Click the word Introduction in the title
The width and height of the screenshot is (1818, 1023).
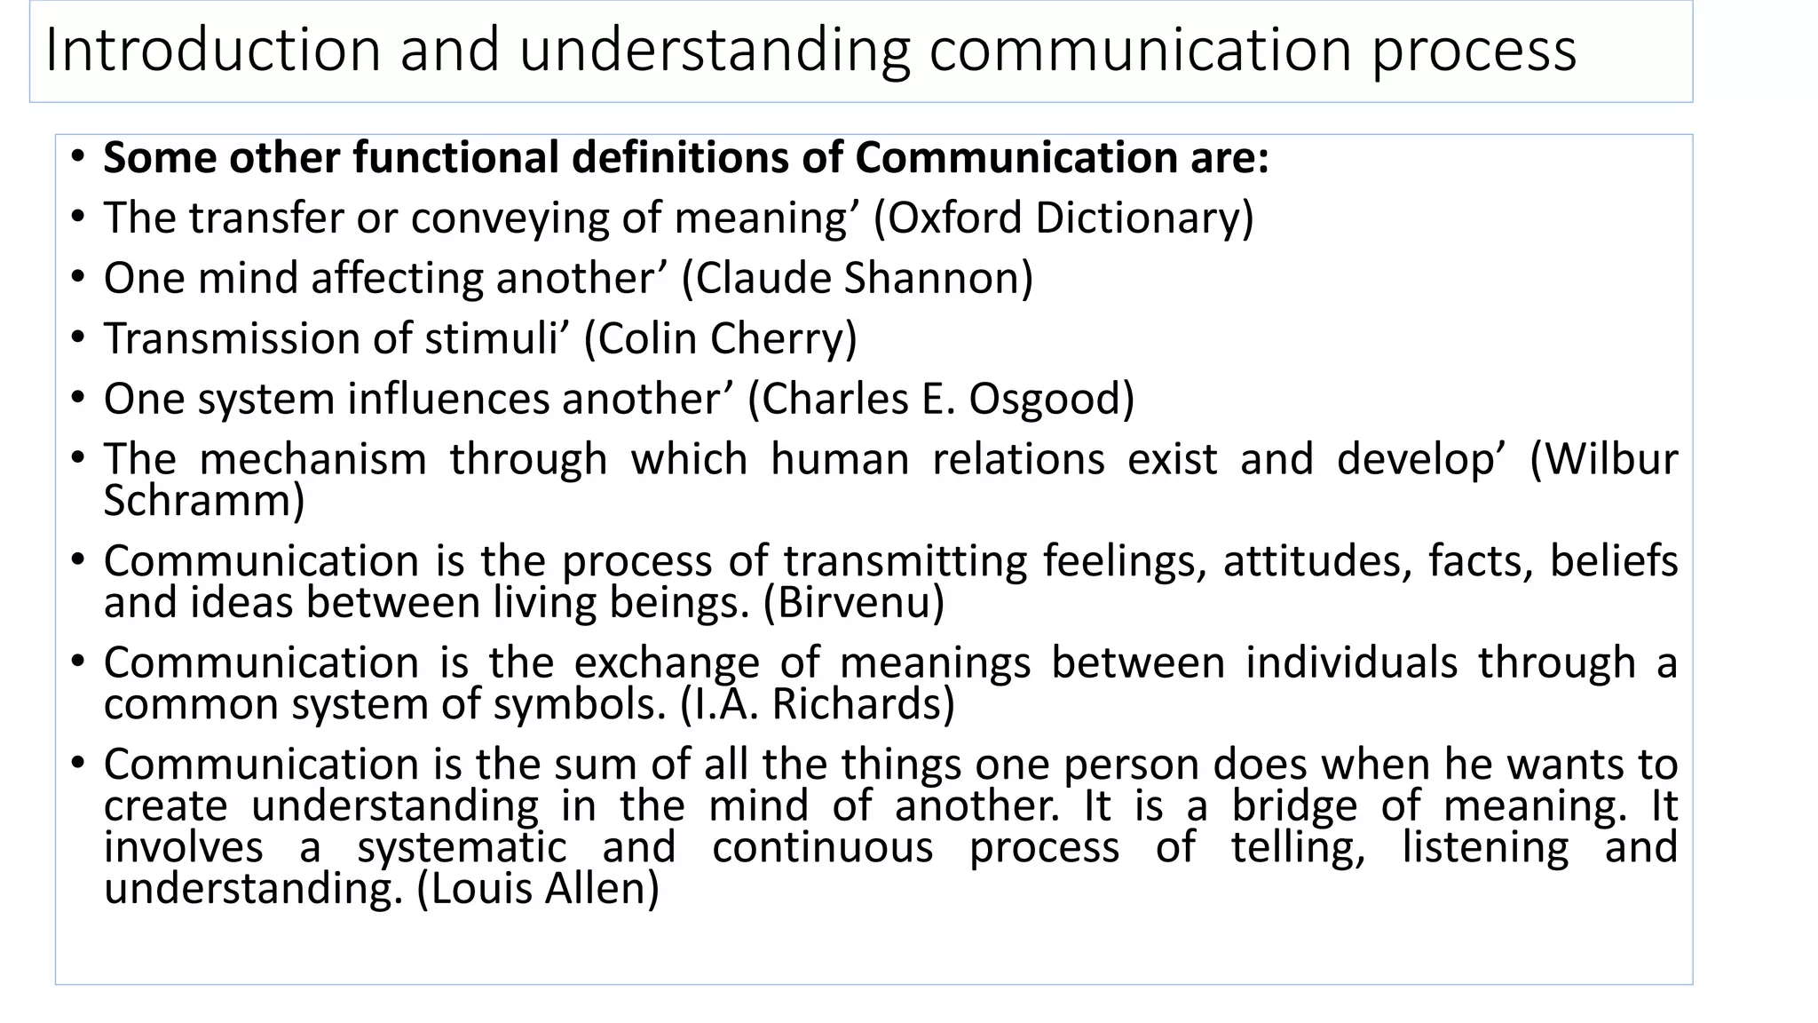coord(212,50)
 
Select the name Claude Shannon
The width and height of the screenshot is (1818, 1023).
coord(858,278)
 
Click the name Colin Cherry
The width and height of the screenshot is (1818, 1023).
coord(720,338)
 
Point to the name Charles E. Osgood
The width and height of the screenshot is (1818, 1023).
coord(942,399)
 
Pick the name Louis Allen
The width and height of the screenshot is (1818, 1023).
coord(538,888)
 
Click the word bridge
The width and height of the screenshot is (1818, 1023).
coord(1294,805)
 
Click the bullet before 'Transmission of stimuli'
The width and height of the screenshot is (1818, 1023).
coord(78,338)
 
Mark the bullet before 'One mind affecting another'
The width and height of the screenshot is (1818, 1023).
coord(78,278)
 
